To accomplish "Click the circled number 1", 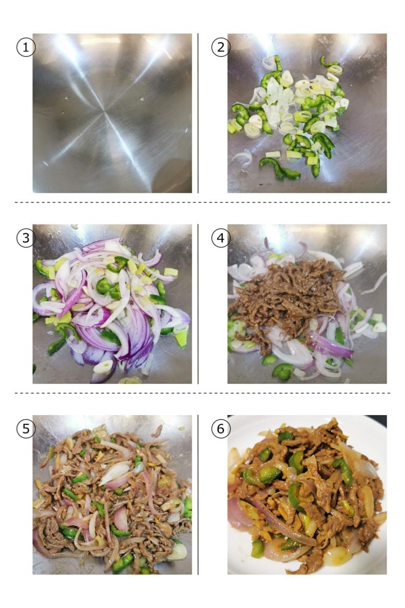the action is pyautogui.click(x=25, y=48).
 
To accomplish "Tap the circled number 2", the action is pyautogui.click(x=220, y=48).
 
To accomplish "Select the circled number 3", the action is pyautogui.click(x=25, y=238).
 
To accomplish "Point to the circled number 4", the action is pyautogui.click(x=220, y=238).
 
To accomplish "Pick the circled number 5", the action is pyautogui.click(x=25, y=429).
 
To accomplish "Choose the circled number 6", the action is pyautogui.click(x=220, y=429).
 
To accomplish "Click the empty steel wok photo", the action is pyautogui.click(x=112, y=113).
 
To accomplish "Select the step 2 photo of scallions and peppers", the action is pyautogui.click(x=307, y=113).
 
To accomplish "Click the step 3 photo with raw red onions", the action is pyautogui.click(x=112, y=304).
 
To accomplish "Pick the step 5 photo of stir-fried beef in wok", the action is pyautogui.click(x=112, y=495).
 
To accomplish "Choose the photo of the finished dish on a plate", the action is pyautogui.click(x=307, y=495).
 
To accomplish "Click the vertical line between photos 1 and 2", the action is pyautogui.click(x=198, y=113).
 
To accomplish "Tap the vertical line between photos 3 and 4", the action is pyautogui.click(x=198, y=304).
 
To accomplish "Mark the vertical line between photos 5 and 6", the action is pyautogui.click(x=198, y=495).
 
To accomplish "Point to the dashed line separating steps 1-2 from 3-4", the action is pyautogui.click(x=202, y=202).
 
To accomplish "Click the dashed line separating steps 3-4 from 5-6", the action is pyautogui.click(x=202, y=393).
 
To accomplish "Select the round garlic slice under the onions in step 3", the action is pyautogui.click(x=104, y=367).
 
